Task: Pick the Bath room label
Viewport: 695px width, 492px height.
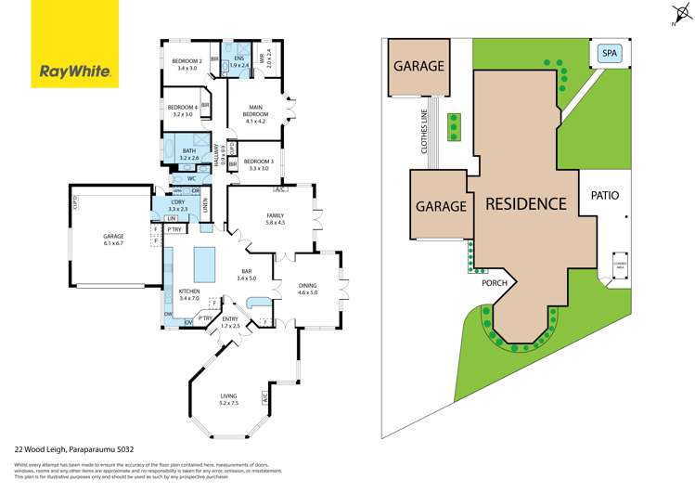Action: tap(189, 154)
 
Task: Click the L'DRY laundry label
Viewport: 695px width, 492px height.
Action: tap(179, 205)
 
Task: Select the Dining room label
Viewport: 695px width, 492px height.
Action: tap(307, 289)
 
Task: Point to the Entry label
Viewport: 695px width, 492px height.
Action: tap(230, 322)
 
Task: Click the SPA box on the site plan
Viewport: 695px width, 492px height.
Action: tap(610, 54)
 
